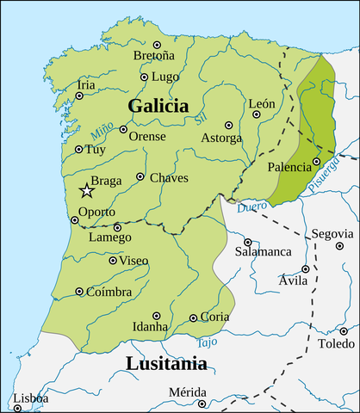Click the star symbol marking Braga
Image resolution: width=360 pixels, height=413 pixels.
click(x=86, y=190)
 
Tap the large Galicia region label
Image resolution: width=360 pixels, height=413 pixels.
click(x=158, y=106)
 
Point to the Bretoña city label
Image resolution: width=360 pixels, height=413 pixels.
click(x=154, y=56)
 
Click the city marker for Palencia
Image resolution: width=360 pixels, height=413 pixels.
click(x=316, y=161)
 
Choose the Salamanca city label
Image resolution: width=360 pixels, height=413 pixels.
click(x=264, y=253)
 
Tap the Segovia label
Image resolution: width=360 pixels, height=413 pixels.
click(x=332, y=233)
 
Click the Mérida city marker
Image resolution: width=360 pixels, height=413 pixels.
click(x=200, y=402)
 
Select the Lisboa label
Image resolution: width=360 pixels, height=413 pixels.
click(x=30, y=398)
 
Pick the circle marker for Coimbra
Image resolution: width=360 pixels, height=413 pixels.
click(x=79, y=292)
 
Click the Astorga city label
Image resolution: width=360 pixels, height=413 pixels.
click(x=221, y=139)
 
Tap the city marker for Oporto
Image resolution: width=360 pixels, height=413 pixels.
click(x=74, y=220)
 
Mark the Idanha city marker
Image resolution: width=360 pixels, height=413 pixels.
click(x=156, y=315)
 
